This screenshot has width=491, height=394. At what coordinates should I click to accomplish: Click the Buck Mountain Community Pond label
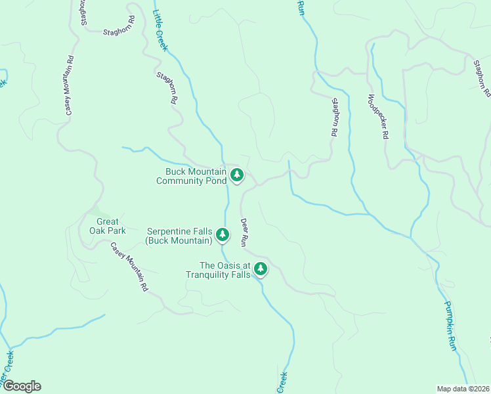[191, 176]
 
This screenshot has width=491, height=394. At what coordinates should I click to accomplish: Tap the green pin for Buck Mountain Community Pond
[237, 175]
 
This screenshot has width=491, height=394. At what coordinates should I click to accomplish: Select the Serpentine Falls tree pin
[223, 234]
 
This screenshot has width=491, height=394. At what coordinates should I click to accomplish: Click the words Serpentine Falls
[179, 231]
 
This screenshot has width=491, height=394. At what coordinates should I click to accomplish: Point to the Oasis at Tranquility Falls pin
[261, 269]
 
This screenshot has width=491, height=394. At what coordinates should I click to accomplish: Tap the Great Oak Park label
[107, 226]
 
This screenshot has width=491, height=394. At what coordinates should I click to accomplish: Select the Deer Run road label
[243, 232]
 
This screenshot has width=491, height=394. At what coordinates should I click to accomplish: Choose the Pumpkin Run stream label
[449, 326]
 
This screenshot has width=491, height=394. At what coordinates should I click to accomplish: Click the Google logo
[21, 386]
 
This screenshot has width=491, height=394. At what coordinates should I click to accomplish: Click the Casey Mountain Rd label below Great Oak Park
[129, 268]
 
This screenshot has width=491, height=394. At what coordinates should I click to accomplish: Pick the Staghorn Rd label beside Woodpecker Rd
[335, 117]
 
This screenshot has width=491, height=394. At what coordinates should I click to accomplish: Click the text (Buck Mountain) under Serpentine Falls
[179, 240]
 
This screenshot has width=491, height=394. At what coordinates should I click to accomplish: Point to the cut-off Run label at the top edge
[301, 7]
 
